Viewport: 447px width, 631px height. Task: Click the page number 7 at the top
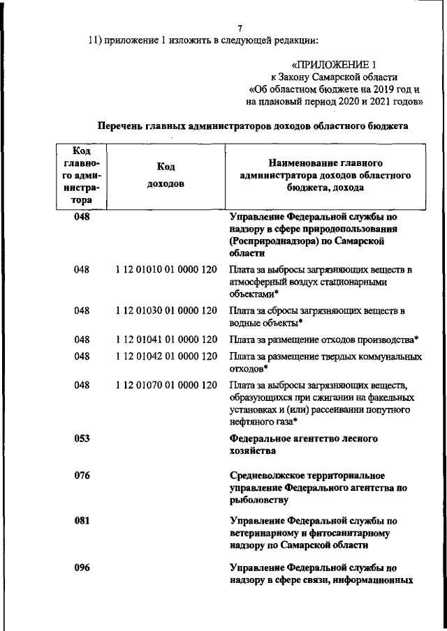pos(240,28)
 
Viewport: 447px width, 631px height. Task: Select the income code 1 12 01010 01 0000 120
pos(166,270)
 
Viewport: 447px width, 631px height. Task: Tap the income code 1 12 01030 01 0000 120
pos(166,310)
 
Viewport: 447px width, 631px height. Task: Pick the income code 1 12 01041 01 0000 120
pos(166,340)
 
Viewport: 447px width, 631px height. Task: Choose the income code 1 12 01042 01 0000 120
pos(166,356)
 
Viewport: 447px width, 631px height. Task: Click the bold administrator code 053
pos(83,439)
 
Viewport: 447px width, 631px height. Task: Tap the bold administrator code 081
pos(83,521)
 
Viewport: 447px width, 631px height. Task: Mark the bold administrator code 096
pos(83,567)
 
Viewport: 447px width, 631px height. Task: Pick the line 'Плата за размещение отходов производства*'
pos(324,340)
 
